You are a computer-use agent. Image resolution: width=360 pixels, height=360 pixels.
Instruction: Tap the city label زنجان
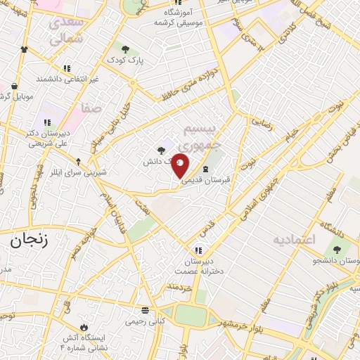click(27, 240)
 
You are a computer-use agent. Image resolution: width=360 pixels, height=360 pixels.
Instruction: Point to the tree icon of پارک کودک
click(126, 49)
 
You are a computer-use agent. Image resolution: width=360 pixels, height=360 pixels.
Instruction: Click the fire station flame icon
click(84, 327)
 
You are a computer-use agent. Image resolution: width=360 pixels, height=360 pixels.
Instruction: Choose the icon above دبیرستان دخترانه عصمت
click(199, 250)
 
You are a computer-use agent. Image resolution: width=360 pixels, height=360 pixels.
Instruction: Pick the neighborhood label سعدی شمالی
click(68, 30)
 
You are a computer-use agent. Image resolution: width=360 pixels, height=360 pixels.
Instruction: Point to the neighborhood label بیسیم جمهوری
click(201, 136)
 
